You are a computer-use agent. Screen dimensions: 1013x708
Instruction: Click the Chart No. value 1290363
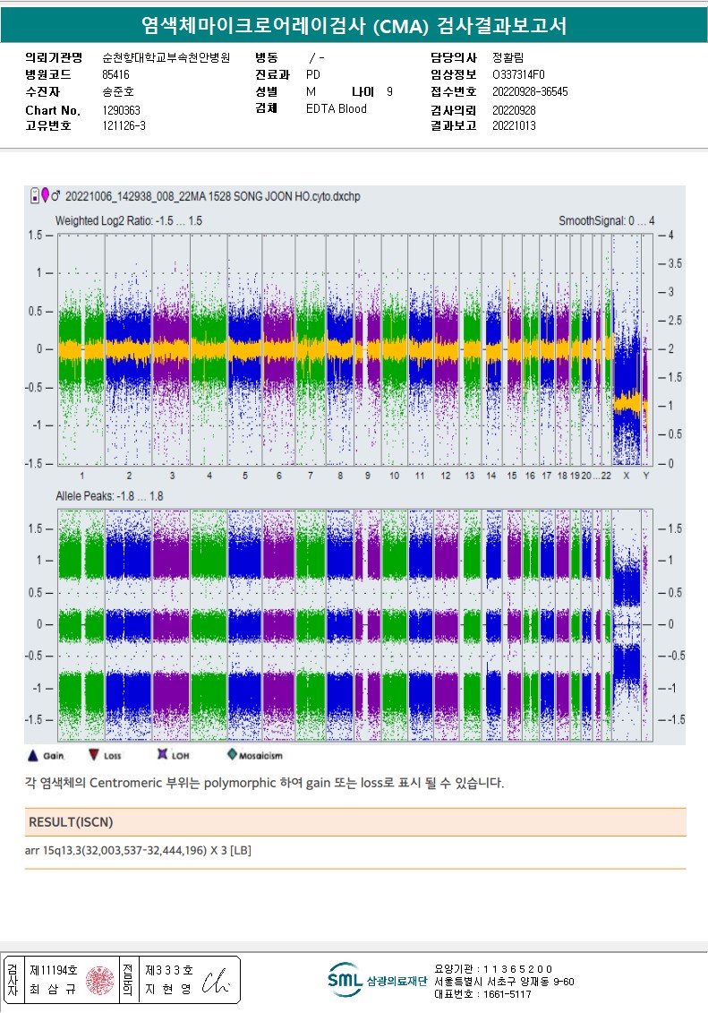tap(122, 110)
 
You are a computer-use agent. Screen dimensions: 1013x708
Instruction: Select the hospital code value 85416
tap(116, 75)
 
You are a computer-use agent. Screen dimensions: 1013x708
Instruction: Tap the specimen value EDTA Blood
tap(337, 109)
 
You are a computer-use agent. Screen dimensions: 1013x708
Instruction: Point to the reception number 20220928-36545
tap(530, 92)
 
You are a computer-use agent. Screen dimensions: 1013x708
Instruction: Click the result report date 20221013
tap(514, 126)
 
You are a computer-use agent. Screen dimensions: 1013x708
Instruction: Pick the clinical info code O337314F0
tap(518, 75)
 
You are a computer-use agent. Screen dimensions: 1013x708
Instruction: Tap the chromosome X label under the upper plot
tap(626, 476)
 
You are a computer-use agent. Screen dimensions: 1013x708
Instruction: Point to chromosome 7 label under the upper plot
tap(311, 476)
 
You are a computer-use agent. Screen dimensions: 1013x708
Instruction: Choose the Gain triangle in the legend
tap(33, 755)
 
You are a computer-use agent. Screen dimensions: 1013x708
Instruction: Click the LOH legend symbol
tap(163, 755)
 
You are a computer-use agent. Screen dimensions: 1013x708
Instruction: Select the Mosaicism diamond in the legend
tap(232, 755)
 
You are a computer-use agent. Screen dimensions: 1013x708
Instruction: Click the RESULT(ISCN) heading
tap(71, 822)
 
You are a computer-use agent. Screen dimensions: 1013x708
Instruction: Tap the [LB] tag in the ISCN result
tap(241, 850)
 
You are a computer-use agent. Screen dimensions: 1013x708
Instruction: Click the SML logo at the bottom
tap(342, 979)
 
